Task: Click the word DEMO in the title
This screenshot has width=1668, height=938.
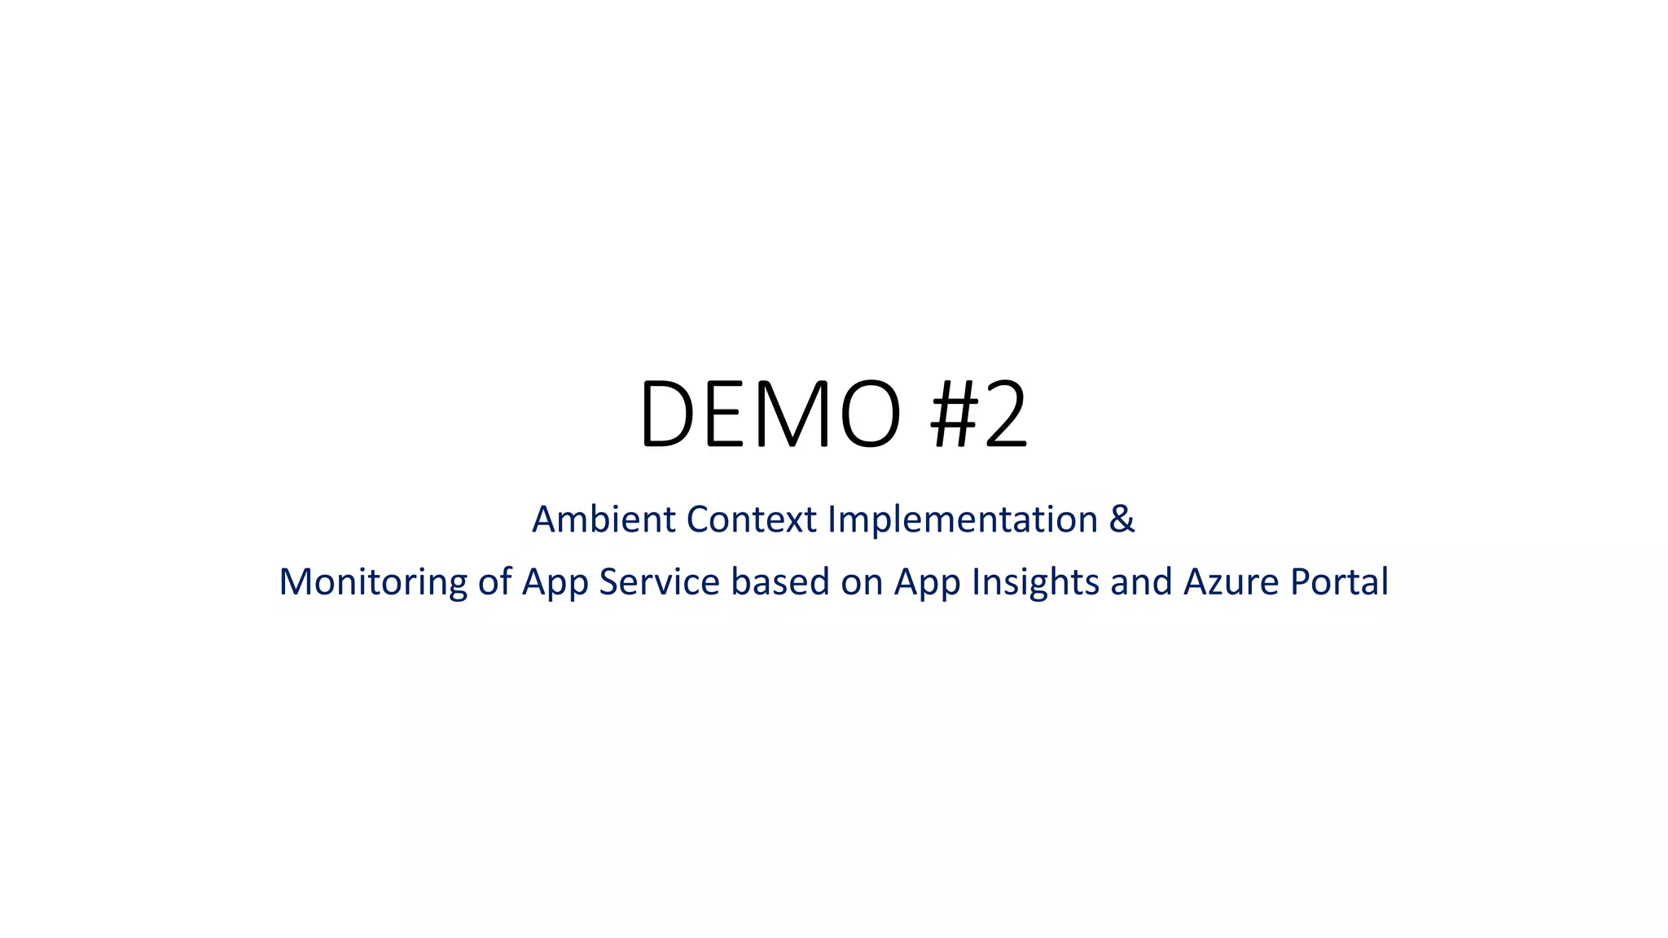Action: click(770, 414)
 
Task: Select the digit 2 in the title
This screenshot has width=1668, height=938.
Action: click(1007, 414)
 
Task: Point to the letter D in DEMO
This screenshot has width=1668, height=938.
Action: click(667, 414)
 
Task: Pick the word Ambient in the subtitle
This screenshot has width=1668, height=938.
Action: click(603, 519)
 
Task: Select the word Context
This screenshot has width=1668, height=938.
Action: click(751, 519)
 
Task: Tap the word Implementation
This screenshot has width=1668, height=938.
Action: click(963, 519)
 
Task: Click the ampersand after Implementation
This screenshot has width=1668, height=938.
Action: click(1122, 519)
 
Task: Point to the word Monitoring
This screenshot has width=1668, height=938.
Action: click(373, 582)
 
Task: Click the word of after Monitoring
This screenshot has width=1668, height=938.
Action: click(494, 582)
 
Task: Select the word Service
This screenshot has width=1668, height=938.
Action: click(659, 582)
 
